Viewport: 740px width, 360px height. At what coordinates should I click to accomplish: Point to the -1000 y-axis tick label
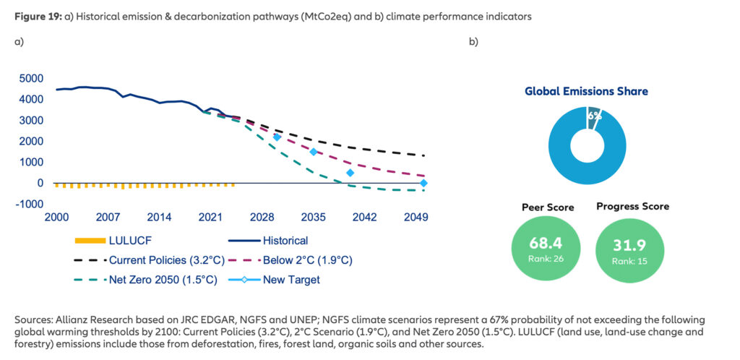[28, 204]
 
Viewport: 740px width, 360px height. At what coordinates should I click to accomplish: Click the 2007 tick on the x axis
[108, 217]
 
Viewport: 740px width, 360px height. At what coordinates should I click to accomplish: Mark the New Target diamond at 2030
[277, 137]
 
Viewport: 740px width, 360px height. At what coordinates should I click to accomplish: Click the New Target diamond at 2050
[424, 184]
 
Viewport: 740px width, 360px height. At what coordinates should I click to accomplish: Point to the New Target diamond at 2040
[350, 173]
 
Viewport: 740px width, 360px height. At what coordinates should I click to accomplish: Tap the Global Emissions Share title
[586, 92]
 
